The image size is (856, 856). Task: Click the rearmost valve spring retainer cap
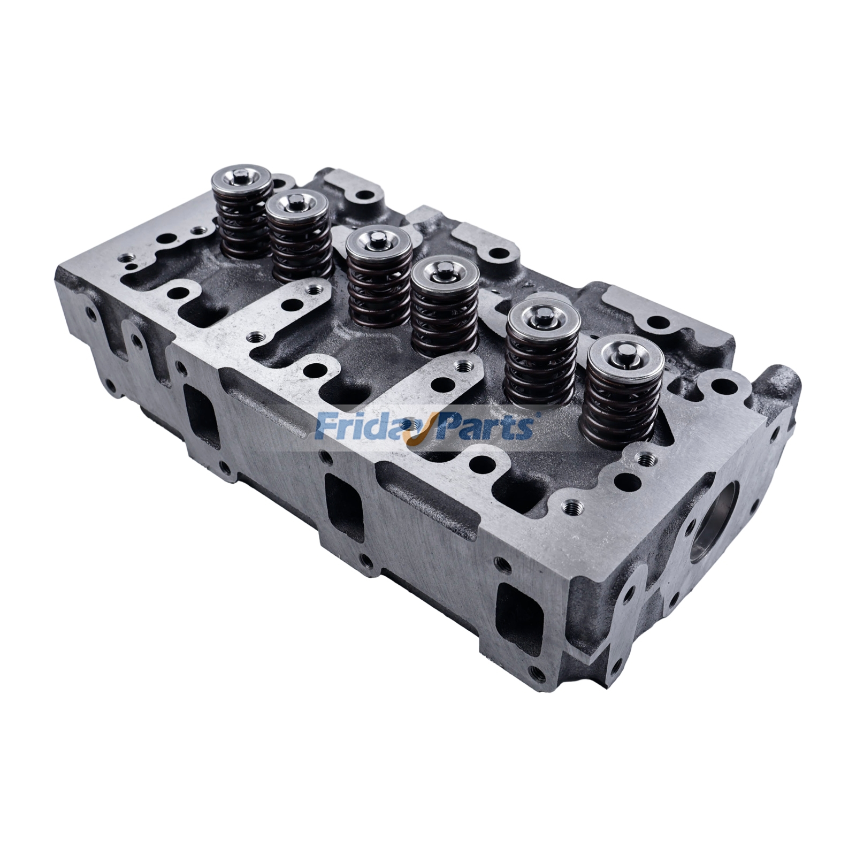243,181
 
